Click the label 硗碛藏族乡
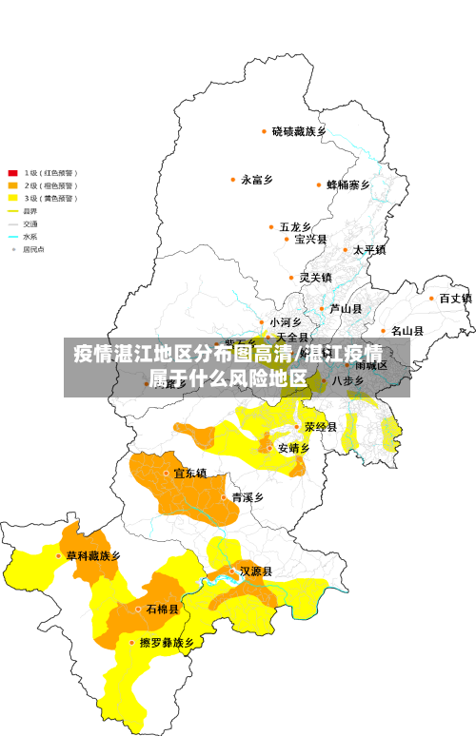(299, 131)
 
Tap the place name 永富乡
(257, 179)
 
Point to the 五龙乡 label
(295, 227)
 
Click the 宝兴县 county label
(310, 239)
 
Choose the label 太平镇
(369, 250)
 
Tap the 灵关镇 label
(315, 278)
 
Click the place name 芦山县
(346, 308)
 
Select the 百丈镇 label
(455, 298)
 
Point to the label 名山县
(407, 331)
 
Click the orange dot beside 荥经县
(297, 427)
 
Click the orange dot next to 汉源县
(232, 571)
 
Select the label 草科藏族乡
(93, 555)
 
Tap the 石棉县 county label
(162, 609)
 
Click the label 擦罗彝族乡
(168, 643)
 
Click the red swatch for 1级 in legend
(13, 173)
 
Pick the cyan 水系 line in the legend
(13, 236)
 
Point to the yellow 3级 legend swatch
(13, 198)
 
